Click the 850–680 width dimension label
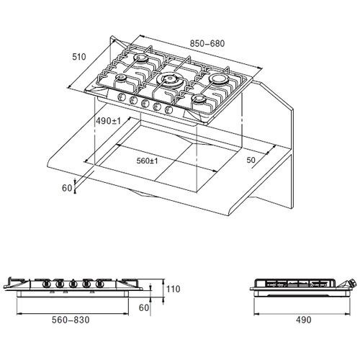[207, 43]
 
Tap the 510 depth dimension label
[79, 57]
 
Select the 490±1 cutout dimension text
[108, 121]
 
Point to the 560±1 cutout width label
[147, 161]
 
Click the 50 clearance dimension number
[251, 160]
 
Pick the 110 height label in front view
[173, 289]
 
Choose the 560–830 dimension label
[71, 320]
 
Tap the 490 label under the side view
[303, 320]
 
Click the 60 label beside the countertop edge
[67, 188]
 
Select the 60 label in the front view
[144, 307]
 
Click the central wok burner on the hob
[170, 79]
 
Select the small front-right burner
[199, 99]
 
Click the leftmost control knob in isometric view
[121, 97]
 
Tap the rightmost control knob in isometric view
[168, 109]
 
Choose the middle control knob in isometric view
[145, 103]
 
